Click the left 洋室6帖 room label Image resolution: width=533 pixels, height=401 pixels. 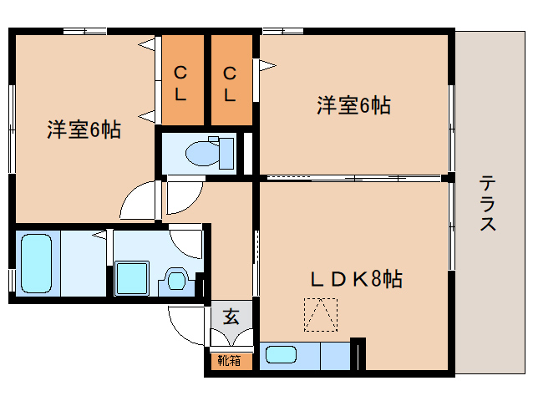point(84,130)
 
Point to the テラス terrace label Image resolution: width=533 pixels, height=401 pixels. point(488,203)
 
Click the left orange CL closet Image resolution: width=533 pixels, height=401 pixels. point(181,82)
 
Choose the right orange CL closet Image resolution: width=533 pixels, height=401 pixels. point(230,82)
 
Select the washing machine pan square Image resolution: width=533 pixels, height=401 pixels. point(132,277)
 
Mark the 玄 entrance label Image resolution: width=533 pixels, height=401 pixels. point(231,317)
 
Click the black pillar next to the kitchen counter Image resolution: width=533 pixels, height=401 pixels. point(358,353)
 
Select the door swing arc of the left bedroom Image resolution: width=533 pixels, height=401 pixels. point(136,200)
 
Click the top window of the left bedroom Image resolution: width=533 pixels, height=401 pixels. point(84,32)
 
